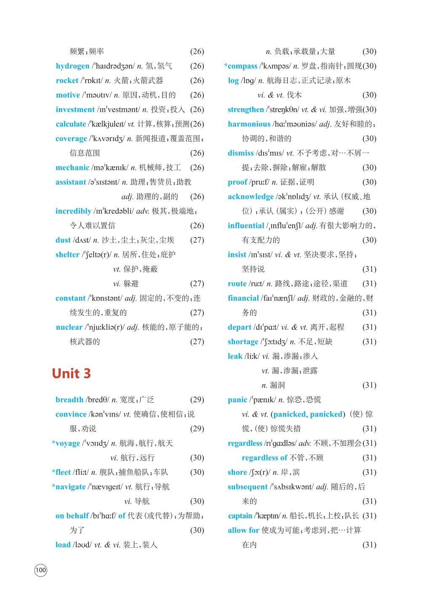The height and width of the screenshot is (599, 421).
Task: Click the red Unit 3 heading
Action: pos(71,373)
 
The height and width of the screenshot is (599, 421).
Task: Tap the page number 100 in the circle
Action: pos(41,571)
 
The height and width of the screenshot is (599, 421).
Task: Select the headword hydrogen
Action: pos(72,66)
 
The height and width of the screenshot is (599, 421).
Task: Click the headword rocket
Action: pos(67,80)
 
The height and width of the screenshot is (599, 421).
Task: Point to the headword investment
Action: pos(75,110)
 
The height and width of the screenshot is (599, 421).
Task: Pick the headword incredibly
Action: pos(73,211)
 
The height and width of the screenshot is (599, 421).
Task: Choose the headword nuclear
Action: pos(69,327)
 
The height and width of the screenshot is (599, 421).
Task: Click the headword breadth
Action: pos(69,400)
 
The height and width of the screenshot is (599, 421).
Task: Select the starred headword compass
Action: pos(241,66)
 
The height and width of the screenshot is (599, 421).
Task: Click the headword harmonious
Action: pos(249,124)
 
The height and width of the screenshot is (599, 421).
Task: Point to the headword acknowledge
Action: pos(250,197)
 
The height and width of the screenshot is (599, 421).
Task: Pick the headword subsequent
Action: pos(248,487)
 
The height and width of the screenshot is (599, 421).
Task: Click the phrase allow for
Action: pos(243,530)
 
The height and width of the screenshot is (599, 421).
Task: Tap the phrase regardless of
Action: pos(264,458)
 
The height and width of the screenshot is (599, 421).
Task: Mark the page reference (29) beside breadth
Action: pos(197,400)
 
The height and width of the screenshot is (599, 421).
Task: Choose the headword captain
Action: pos(240,516)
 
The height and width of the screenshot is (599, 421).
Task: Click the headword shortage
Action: pos(243,342)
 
